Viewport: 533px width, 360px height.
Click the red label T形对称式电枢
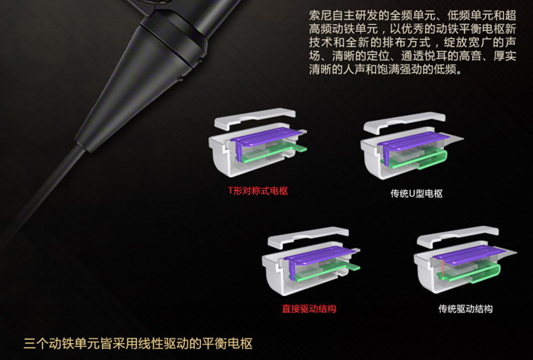click(258, 191)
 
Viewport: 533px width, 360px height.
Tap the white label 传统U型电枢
click(416, 194)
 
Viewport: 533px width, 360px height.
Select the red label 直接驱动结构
click(308, 309)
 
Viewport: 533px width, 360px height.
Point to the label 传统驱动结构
click(465, 309)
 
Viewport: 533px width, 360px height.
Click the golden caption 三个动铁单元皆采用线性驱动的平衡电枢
click(138, 344)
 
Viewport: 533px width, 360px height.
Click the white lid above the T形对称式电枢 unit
click(255, 118)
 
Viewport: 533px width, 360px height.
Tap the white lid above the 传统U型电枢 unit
click(404, 122)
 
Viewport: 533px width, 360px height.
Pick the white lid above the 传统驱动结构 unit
click(458, 236)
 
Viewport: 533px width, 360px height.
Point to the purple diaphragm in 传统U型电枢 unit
click(412, 141)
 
